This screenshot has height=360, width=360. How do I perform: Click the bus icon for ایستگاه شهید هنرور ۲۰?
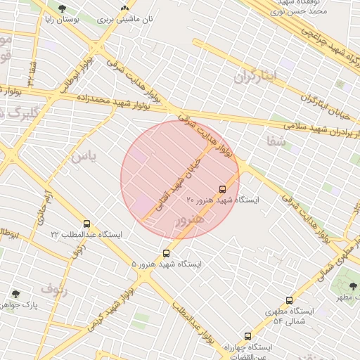click(x=223, y=189)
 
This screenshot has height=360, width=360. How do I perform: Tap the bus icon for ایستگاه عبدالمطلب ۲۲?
click(x=86, y=224)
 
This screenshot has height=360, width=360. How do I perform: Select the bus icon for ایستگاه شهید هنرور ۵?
click(x=166, y=253)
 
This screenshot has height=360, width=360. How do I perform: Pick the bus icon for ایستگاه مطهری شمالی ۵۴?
click(x=289, y=300)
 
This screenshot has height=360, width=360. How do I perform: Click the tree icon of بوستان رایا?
click(x=62, y=9)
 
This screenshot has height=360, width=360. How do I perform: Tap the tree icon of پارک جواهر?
click(x=15, y=293)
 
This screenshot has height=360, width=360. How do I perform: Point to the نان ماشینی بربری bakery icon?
click(x=124, y=9)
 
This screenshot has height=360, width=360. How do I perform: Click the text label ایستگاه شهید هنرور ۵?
click(x=166, y=264)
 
